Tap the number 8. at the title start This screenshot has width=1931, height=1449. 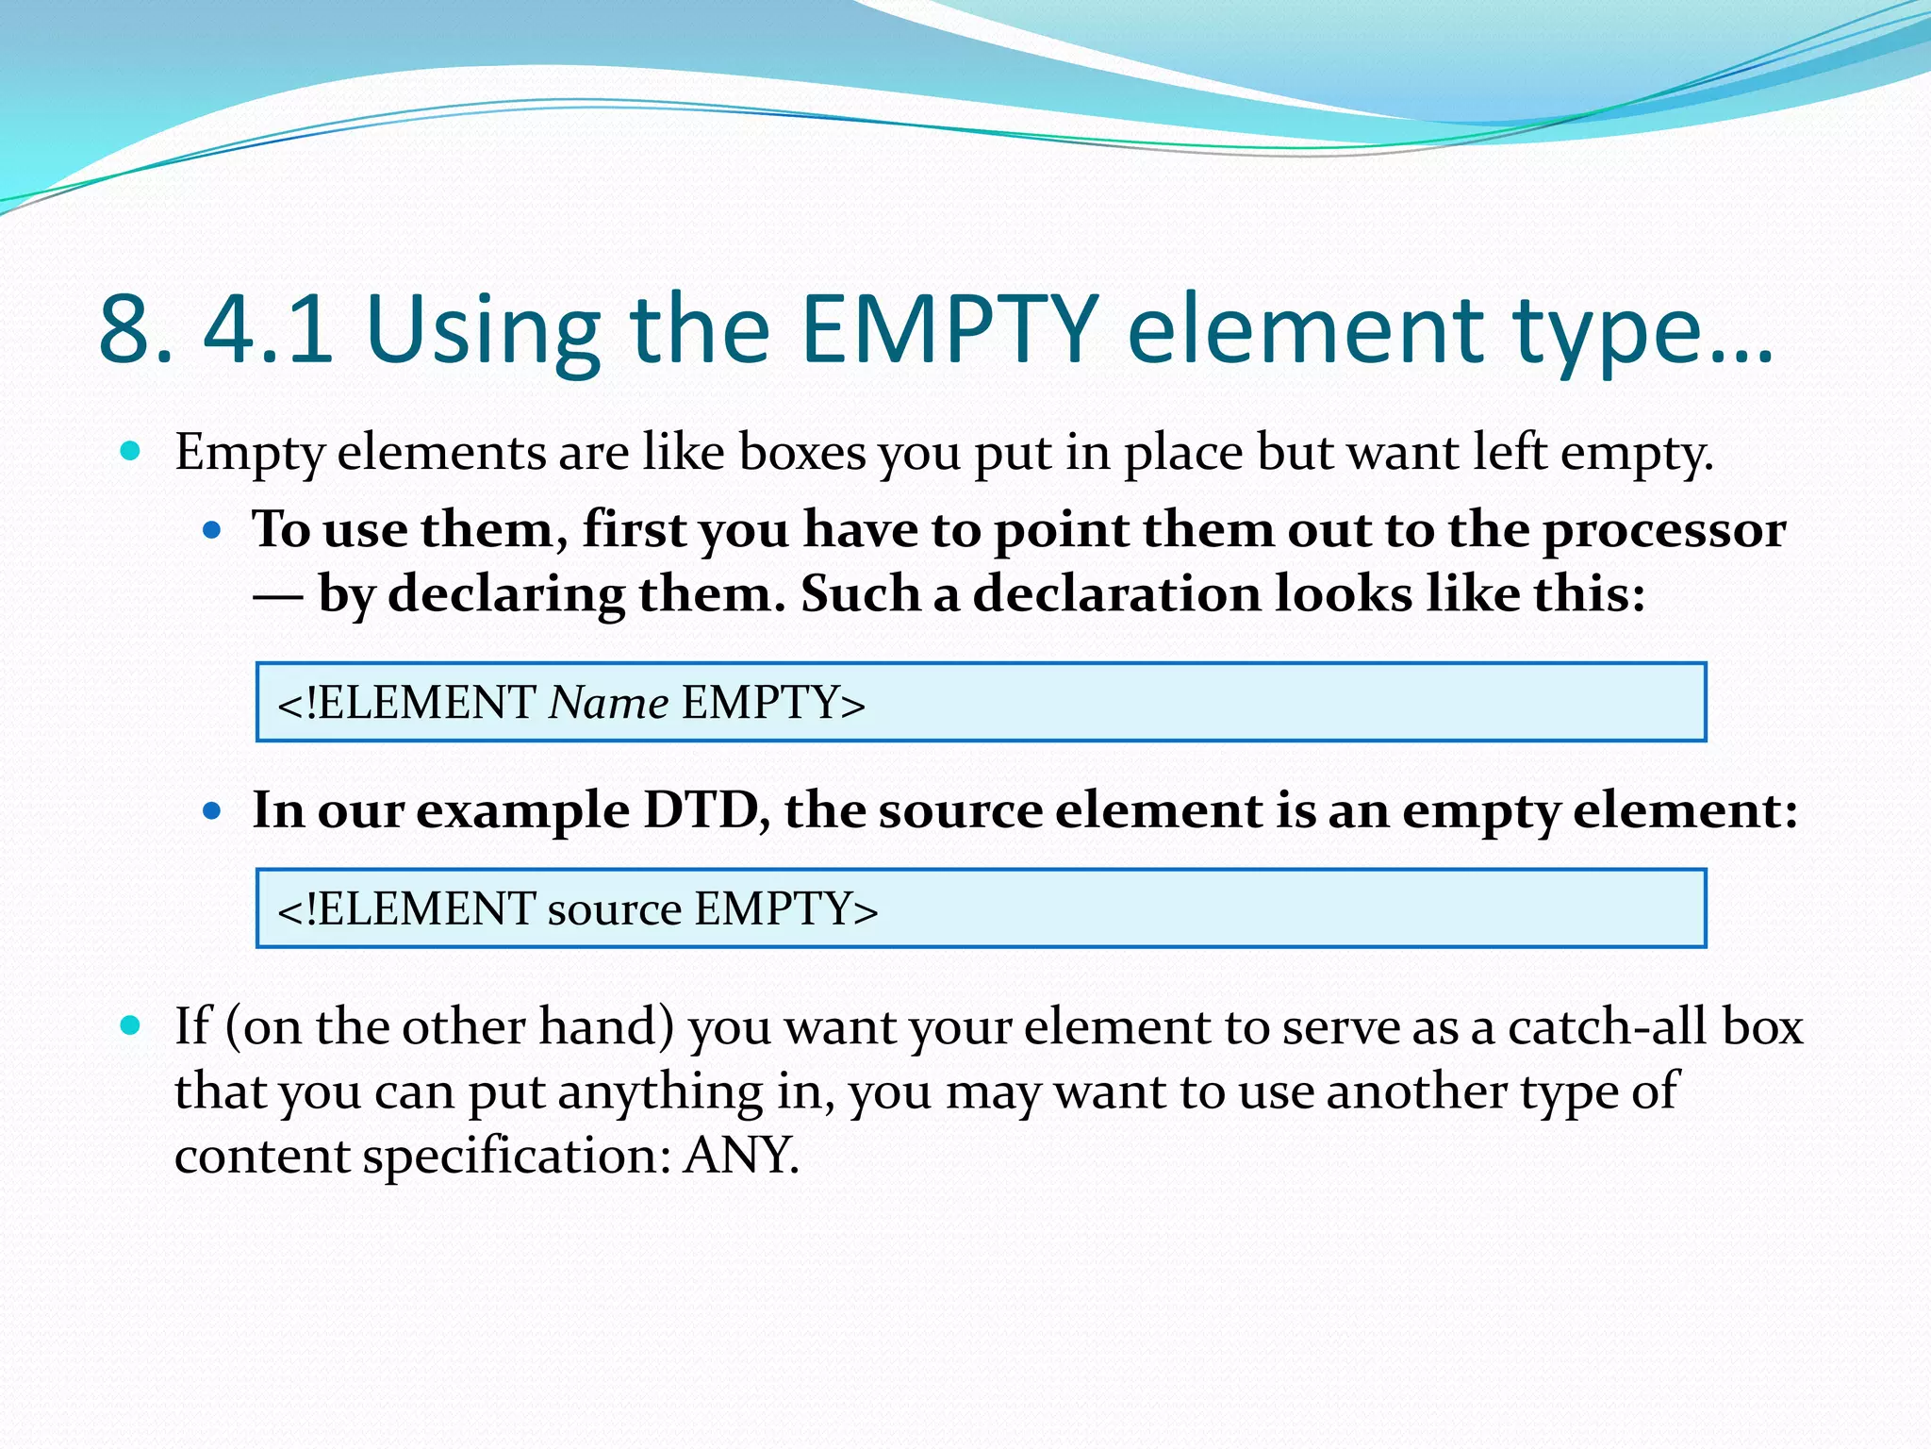(x=136, y=330)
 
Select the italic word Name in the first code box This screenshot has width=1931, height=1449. (x=608, y=703)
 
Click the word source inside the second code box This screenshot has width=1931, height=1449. (x=614, y=908)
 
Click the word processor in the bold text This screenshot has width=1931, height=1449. (x=1664, y=530)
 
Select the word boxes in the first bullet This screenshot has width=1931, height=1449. (x=802, y=453)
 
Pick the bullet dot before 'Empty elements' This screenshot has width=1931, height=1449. (x=131, y=451)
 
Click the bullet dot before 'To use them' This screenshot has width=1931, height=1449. (x=211, y=530)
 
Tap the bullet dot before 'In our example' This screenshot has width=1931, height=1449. (x=211, y=810)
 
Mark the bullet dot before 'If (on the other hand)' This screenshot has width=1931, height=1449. (x=131, y=1025)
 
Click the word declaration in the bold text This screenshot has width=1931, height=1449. (x=1116, y=594)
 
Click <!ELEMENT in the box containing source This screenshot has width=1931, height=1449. (x=405, y=908)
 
